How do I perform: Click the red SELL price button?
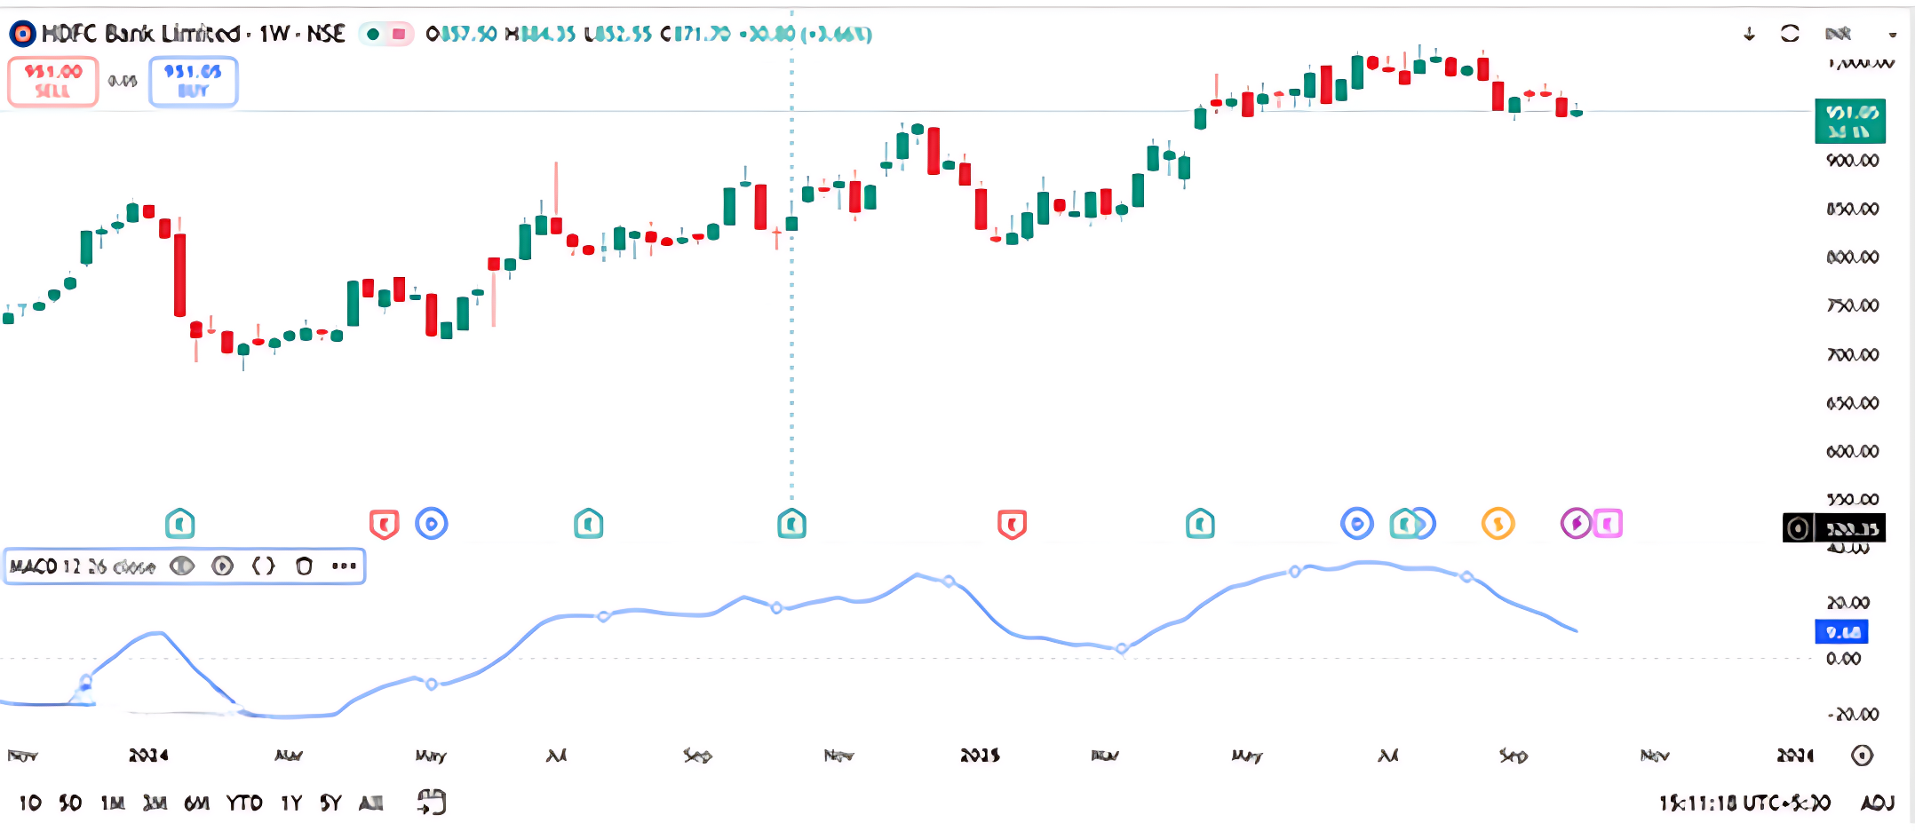click(x=52, y=81)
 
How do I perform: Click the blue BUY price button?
click(x=193, y=81)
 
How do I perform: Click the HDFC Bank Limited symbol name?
click(x=140, y=34)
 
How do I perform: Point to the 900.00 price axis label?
click(x=1852, y=161)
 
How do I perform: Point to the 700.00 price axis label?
click(x=1852, y=355)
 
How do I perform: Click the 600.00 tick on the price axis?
click(x=1852, y=452)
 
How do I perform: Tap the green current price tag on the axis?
click(x=1850, y=122)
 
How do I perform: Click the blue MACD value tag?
click(x=1841, y=632)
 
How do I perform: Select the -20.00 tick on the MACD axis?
click(x=1852, y=715)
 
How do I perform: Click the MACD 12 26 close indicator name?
click(x=83, y=566)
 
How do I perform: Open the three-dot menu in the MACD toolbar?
click(x=344, y=566)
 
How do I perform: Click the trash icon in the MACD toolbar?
click(x=304, y=566)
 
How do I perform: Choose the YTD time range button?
click(x=243, y=803)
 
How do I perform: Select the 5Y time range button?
click(x=330, y=803)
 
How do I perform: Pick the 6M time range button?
click(x=196, y=803)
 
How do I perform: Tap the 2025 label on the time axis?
click(x=980, y=756)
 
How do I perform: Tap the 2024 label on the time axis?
click(x=148, y=756)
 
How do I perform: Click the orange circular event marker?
click(x=1498, y=524)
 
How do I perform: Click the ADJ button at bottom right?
click(x=1877, y=803)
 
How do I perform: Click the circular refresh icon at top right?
click(x=1790, y=34)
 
